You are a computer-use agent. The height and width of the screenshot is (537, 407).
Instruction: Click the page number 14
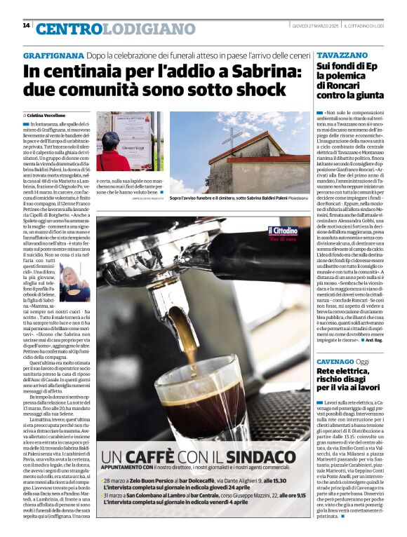(26, 25)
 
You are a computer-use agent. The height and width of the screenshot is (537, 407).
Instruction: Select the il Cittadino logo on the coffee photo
(281, 233)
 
